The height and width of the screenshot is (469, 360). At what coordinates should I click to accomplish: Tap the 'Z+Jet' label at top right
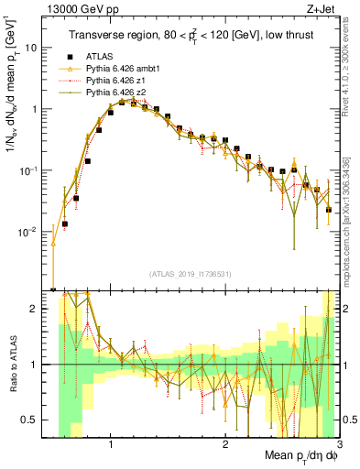[x=321, y=8]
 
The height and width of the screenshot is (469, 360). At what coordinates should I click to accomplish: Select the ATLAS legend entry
[x=101, y=57]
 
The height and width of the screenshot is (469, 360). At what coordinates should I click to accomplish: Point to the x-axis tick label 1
[x=111, y=446]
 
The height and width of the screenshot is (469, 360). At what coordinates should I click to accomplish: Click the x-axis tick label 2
[x=225, y=446]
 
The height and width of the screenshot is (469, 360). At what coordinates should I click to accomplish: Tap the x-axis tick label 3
[x=339, y=446]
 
